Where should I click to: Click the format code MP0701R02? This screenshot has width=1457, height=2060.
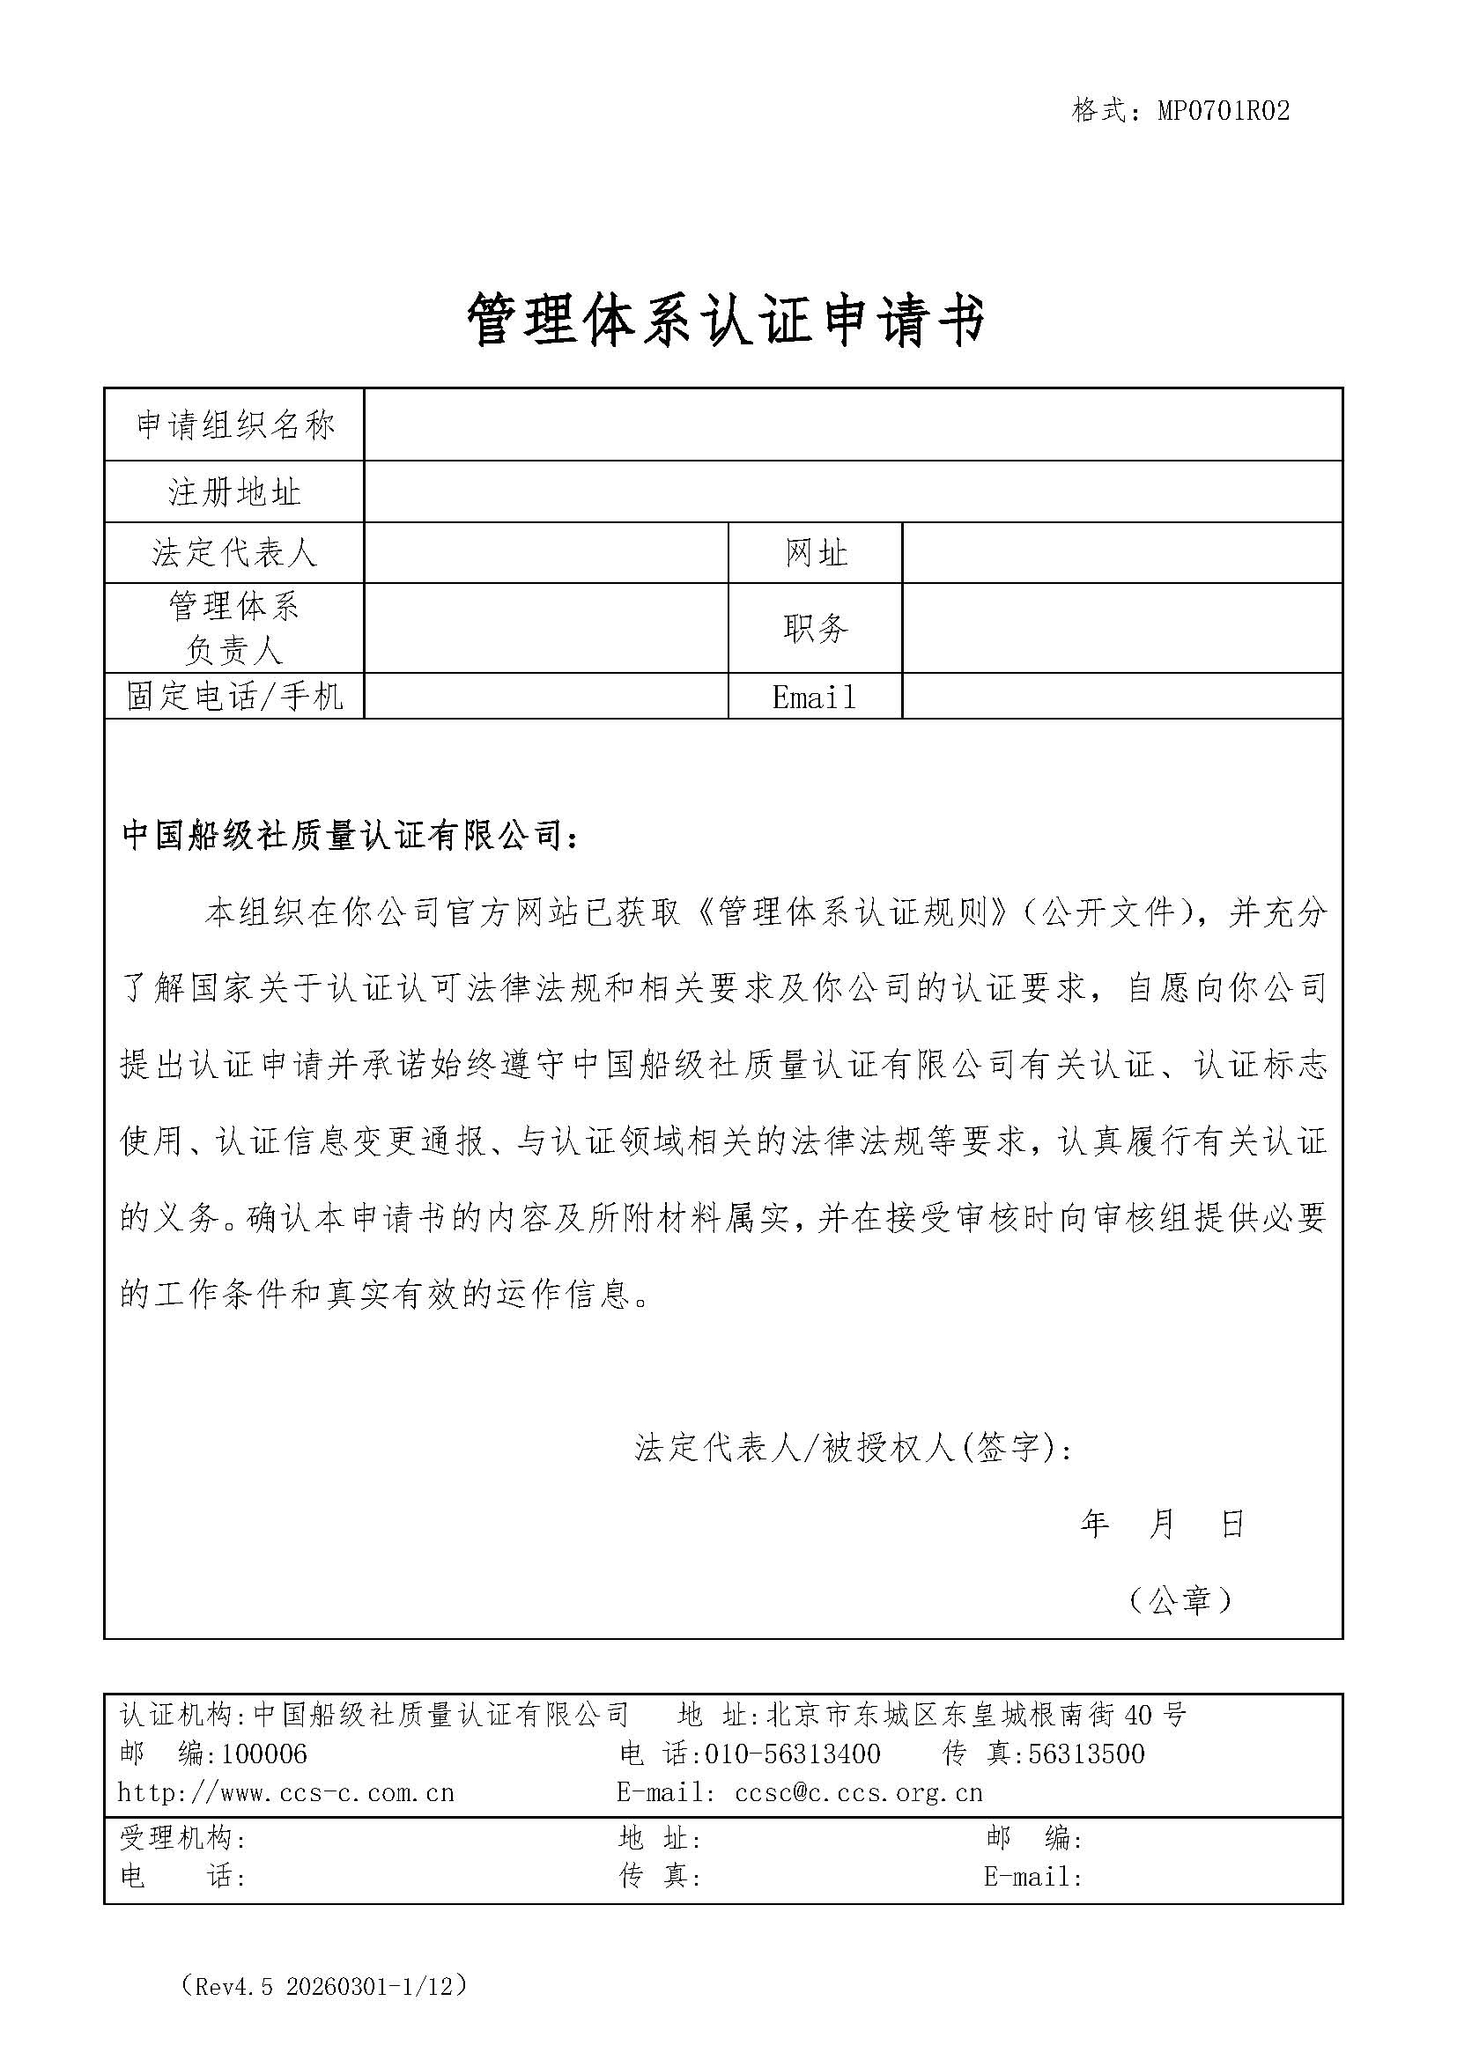(1223, 110)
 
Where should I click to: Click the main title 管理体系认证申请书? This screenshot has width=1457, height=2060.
(727, 321)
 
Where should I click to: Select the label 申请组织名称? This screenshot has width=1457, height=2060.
(234, 425)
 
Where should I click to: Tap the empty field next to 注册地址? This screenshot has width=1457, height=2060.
(853, 491)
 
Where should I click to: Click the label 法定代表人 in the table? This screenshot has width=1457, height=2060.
(234, 553)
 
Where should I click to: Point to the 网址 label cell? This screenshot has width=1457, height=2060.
(815, 553)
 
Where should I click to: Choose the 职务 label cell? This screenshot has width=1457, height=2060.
(815, 628)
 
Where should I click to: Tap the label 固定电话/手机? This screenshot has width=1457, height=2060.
(234, 697)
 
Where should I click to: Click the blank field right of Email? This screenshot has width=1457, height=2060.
(1121, 697)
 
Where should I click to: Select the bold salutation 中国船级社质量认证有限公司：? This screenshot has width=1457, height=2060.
(351, 835)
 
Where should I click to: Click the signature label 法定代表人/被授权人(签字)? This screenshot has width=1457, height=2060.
(852, 1447)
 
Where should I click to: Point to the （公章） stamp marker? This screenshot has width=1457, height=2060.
(1180, 1599)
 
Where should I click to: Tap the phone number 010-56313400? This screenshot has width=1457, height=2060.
(792, 1754)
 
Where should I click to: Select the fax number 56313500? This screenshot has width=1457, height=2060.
(1085, 1754)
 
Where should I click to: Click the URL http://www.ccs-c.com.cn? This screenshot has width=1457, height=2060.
(286, 1793)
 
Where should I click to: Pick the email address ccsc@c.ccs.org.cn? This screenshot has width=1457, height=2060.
(859, 1793)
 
